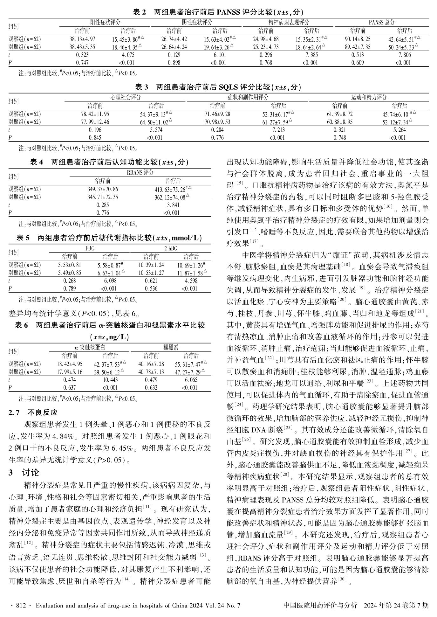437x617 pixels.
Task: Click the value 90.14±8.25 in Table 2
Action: point(357,39)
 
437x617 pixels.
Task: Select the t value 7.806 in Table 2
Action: point(404,55)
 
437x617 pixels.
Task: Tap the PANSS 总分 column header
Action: point(381,22)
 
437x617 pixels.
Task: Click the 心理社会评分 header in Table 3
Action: point(126,97)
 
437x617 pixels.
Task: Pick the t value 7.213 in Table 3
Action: point(278,130)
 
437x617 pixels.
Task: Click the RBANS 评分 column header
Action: point(140,172)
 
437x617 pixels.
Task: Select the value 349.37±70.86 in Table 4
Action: point(103,189)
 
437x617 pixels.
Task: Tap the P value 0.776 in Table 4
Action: point(103,213)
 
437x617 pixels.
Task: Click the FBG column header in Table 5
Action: point(90,248)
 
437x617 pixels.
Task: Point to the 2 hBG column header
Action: point(171,248)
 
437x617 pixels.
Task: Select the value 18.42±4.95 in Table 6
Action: point(70,364)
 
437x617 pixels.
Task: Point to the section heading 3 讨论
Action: point(24,473)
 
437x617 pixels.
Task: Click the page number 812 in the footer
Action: point(20,605)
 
